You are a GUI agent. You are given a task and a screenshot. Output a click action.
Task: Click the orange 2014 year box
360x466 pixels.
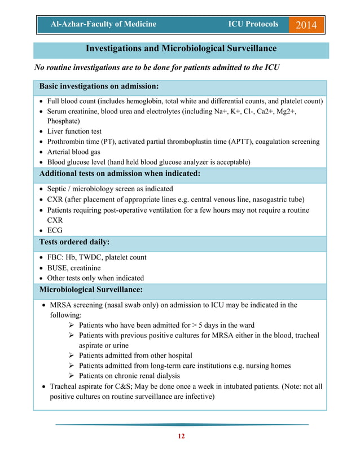tap(306, 25)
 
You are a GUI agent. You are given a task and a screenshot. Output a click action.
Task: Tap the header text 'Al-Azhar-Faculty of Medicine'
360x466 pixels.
tap(103, 24)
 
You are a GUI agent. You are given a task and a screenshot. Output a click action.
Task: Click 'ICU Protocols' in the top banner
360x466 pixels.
tap(253, 24)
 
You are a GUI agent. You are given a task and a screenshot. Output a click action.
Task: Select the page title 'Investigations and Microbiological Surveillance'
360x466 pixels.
tap(181, 49)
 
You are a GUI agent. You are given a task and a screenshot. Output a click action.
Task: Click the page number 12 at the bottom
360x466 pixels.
tap(181, 436)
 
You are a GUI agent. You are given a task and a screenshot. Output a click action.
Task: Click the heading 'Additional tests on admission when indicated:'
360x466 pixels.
tap(120, 174)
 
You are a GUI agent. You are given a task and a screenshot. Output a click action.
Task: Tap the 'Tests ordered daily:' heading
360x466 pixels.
tap(74, 242)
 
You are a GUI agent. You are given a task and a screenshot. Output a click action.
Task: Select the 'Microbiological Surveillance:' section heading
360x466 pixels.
tap(90, 290)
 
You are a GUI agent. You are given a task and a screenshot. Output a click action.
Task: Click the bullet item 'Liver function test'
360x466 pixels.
tap(74, 131)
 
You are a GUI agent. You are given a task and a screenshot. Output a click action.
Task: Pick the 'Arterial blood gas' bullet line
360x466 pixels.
tap(74, 152)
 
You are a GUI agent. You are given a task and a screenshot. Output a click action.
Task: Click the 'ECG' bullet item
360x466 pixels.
tap(55, 230)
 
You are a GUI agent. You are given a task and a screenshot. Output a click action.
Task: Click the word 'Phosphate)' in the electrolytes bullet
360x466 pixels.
tap(63, 121)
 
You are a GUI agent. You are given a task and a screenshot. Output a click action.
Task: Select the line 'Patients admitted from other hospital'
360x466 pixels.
tap(135, 355)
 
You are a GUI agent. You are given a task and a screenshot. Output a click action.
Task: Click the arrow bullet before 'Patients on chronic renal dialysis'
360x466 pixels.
tap(71, 376)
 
